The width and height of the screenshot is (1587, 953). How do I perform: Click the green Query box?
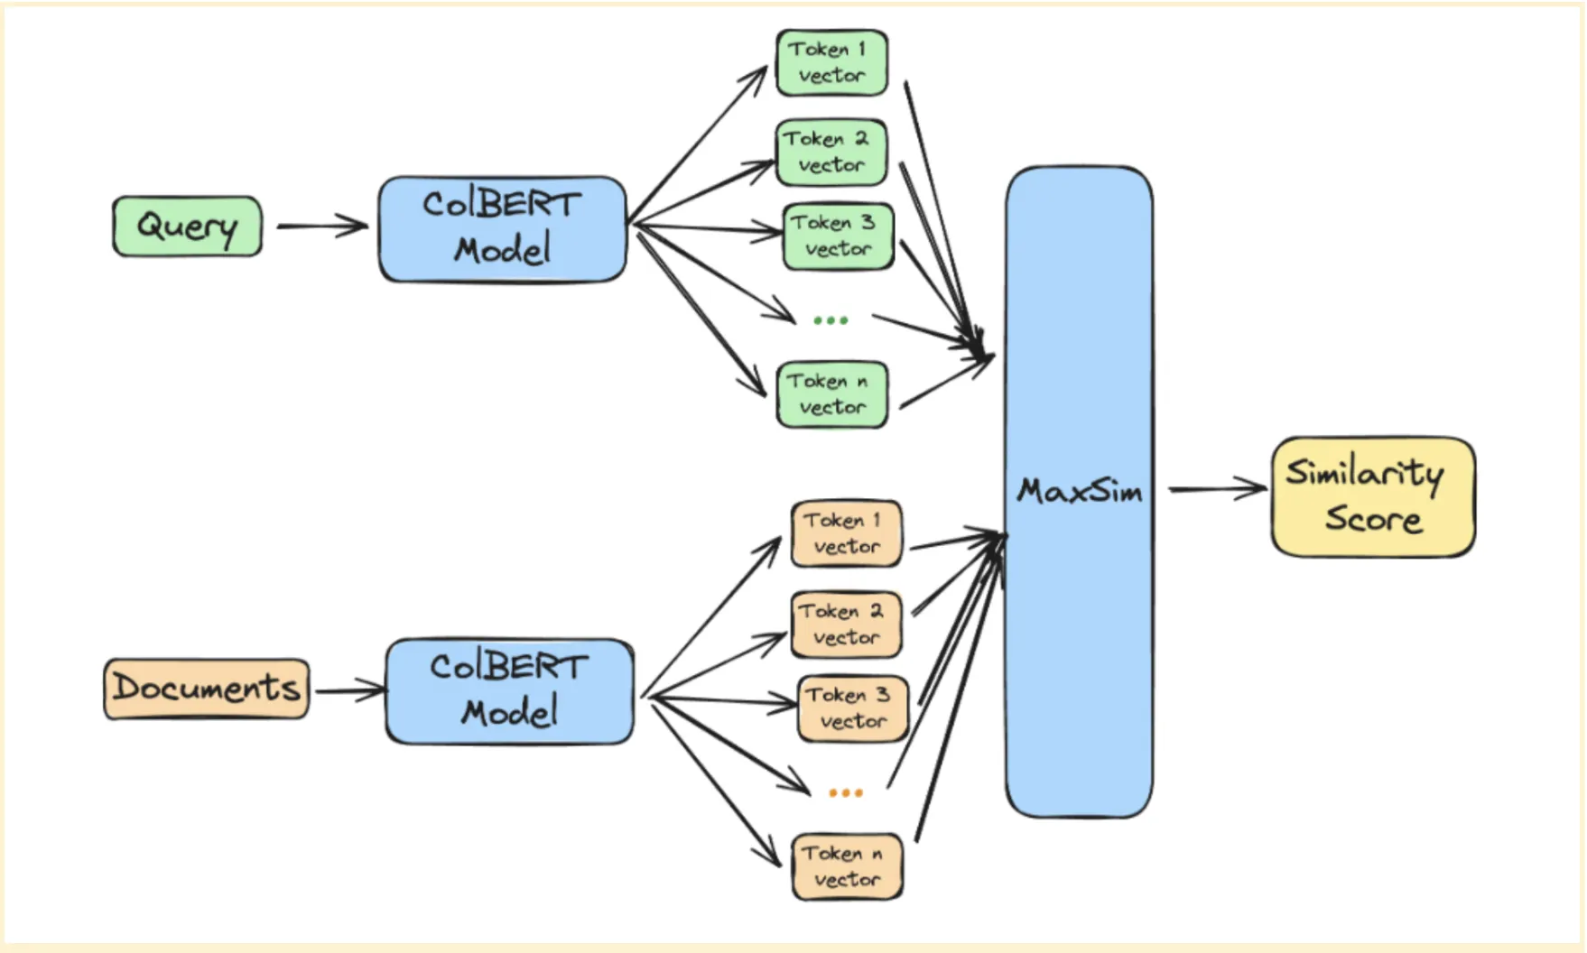coord(187,227)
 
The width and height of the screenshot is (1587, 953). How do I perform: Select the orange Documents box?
coord(206,689)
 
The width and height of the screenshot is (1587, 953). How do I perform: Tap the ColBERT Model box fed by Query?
coord(502,228)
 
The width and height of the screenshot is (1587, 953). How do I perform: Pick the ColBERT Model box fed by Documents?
coord(509,691)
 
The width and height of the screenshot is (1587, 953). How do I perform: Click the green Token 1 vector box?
coord(831,62)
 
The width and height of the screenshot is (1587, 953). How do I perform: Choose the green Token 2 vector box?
coord(831,153)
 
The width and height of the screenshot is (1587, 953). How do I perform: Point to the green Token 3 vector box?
coord(838,236)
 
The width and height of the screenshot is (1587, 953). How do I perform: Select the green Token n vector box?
coord(831,394)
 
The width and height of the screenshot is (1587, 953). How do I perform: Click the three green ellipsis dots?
coord(831,320)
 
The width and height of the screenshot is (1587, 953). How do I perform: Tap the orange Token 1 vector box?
coord(846,533)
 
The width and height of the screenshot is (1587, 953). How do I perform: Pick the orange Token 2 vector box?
coord(846,625)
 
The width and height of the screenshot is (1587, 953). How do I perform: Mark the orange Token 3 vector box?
coord(852,708)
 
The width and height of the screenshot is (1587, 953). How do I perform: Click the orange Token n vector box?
coord(847,866)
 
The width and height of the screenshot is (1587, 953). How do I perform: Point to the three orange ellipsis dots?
coord(846,792)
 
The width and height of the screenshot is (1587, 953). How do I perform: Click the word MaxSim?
coord(1080,492)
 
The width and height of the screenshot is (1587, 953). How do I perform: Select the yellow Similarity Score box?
coord(1372,497)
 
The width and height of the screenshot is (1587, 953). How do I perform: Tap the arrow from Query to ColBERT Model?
coord(321,226)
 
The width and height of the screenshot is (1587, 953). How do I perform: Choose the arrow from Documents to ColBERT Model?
coord(349,690)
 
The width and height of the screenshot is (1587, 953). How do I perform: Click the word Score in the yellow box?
coord(1373,520)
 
